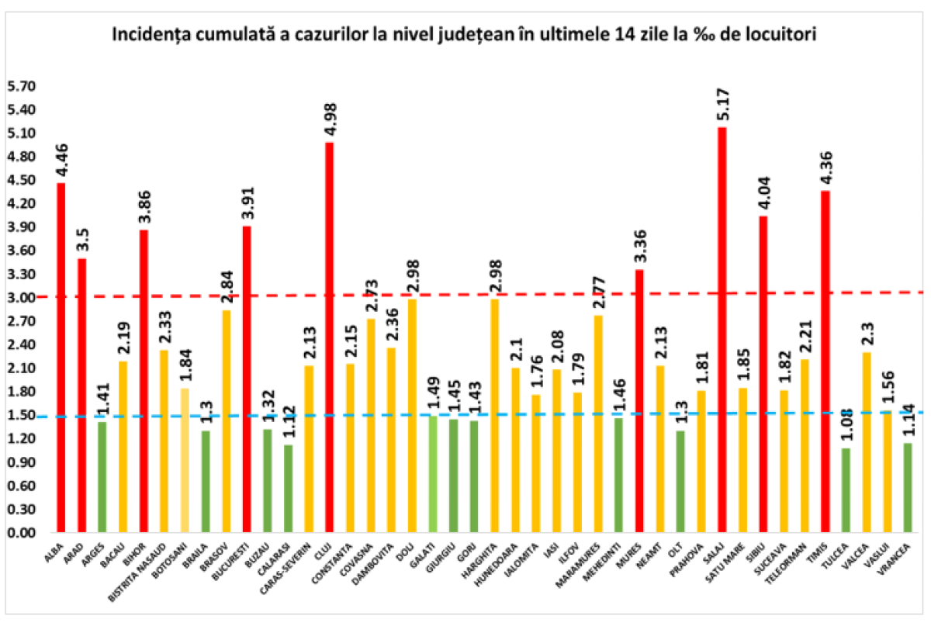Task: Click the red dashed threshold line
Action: [465, 295]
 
